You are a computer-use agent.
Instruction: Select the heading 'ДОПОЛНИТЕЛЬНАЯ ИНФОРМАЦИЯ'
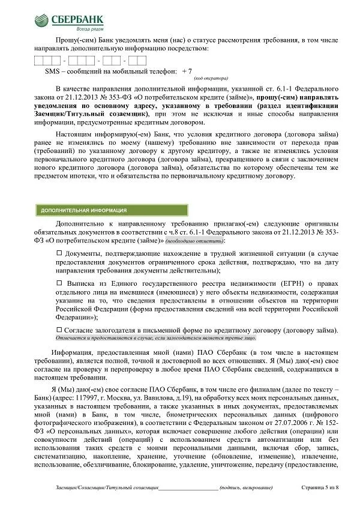tap(83, 211)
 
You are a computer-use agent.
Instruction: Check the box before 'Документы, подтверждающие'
tap(59, 253)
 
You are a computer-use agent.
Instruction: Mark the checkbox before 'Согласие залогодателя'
tap(59, 330)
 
